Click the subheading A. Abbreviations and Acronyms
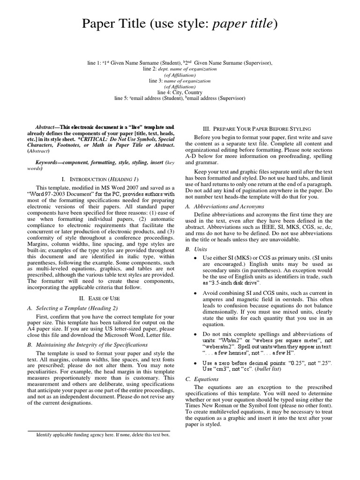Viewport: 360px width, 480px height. (x=225, y=206)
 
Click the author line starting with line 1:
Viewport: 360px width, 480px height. (x=180, y=62)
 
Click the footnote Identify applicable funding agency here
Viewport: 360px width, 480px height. (x=103, y=435)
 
